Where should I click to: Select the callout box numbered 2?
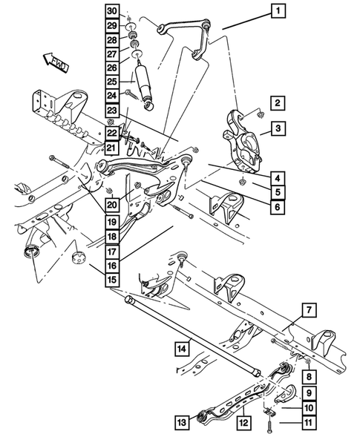pos(276,103)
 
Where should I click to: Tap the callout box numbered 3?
pos(276,129)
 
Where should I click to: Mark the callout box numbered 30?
pos(111,10)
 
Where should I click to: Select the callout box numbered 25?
pos(111,81)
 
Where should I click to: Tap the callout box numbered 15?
pos(111,279)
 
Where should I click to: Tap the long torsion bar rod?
pos(193,334)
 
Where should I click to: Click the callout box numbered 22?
pos(111,133)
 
